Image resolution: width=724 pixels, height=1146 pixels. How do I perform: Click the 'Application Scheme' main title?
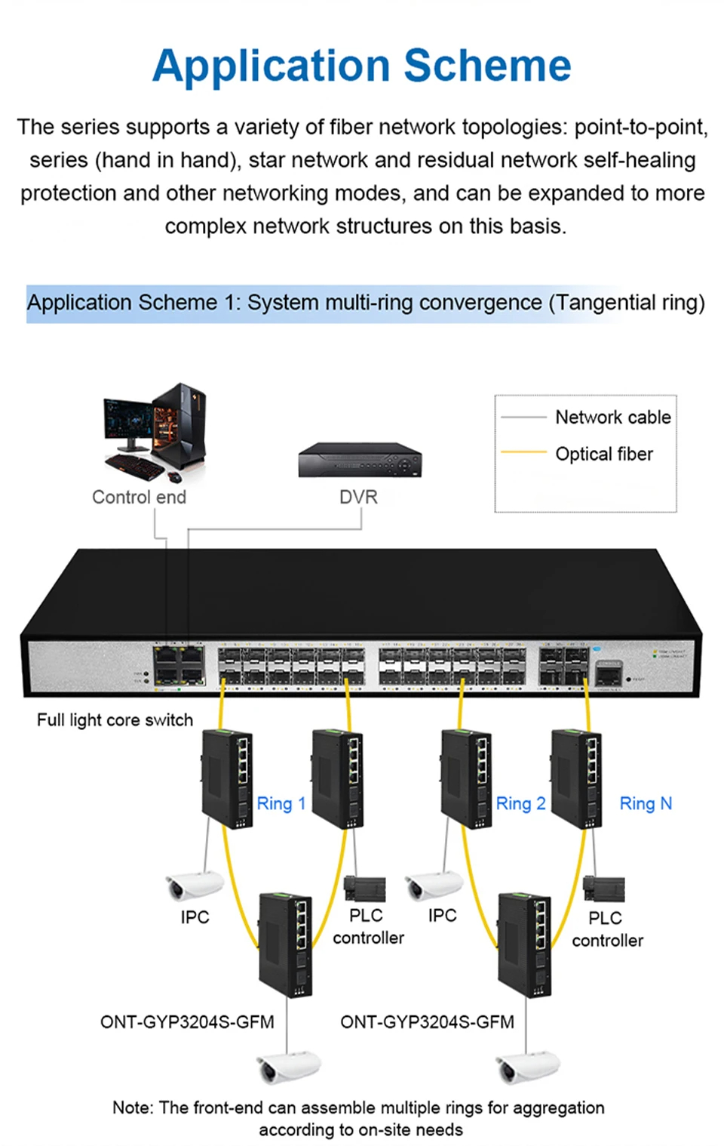(362, 66)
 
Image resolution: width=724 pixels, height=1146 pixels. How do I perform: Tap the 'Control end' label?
(139, 498)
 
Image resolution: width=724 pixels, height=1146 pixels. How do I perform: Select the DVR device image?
(360, 460)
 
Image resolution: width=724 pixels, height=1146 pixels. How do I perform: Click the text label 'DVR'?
(358, 498)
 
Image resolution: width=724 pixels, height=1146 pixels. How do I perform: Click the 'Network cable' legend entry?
(612, 417)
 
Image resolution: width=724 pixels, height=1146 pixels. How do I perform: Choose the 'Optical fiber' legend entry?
(603, 454)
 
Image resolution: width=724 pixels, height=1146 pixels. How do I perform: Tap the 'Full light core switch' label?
(115, 720)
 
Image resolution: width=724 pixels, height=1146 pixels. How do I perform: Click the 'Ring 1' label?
(281, 804)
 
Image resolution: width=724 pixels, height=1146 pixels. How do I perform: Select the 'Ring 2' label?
(520, 804)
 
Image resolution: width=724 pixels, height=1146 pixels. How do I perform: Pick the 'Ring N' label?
(645, 804)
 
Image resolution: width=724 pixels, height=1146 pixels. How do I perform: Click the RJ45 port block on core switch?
(179, 665)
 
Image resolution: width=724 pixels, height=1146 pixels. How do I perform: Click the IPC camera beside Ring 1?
(193, 886)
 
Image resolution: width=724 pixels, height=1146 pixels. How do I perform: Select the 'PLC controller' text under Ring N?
(607, 929)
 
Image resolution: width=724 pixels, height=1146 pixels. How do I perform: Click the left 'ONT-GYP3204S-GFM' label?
(187, 1022)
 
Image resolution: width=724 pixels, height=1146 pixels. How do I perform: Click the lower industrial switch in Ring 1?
(286, 944)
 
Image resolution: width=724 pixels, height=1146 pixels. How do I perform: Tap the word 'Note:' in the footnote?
(133, 1107)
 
